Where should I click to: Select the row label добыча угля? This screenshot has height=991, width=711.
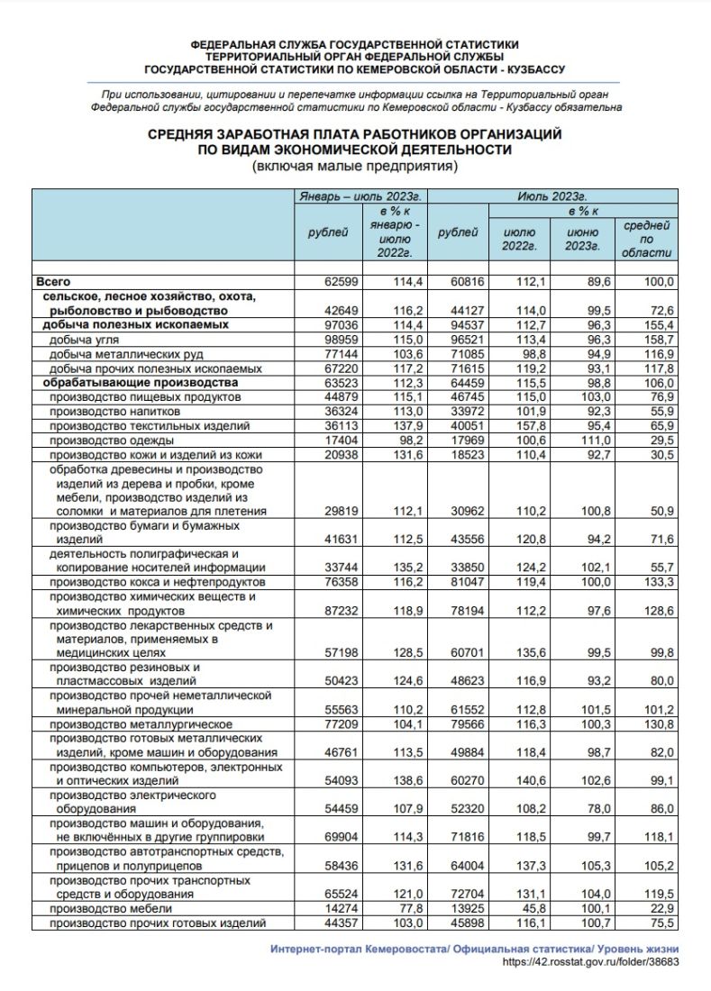83,340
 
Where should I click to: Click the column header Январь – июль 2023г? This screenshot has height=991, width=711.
360,195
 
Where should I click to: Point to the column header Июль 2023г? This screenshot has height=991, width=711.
551,195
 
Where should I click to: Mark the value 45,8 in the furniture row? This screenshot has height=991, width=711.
524,909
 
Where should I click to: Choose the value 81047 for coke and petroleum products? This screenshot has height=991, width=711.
467,583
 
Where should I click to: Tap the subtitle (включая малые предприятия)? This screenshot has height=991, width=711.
355,167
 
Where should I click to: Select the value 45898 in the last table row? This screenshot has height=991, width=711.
467,923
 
